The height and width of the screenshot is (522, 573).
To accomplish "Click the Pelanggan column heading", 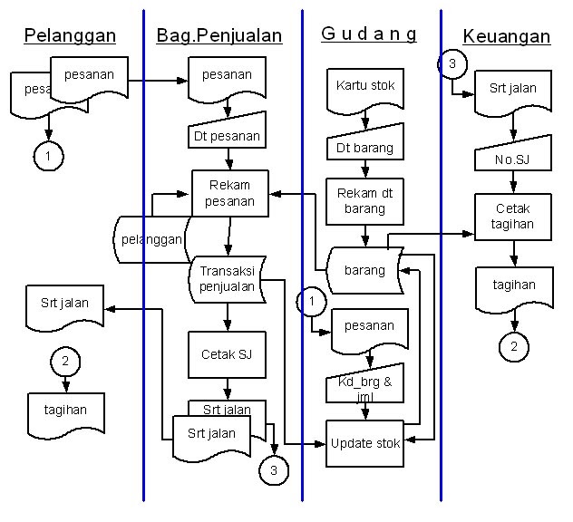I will coord(70,36).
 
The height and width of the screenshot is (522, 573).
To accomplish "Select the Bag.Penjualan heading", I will coord(219,36).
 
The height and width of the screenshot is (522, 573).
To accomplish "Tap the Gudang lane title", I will coord(369,34).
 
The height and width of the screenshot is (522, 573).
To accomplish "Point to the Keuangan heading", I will coord(507,36).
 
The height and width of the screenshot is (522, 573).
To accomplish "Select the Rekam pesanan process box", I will coord(230,192).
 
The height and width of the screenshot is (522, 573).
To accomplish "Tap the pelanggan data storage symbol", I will coord(150,240).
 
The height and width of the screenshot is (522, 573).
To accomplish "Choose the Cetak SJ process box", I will coord(227,354).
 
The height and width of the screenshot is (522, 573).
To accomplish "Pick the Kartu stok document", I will coord(365,88).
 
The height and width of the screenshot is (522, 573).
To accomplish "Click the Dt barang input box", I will coord(364,146).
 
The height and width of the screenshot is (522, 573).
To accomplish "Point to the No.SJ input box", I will coord(513,161).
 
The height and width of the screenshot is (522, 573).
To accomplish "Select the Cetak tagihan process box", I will coord(513,217).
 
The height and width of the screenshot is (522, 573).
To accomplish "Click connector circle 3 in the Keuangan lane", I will coord(452,64).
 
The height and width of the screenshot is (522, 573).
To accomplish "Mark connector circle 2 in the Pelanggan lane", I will coord(65,361).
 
